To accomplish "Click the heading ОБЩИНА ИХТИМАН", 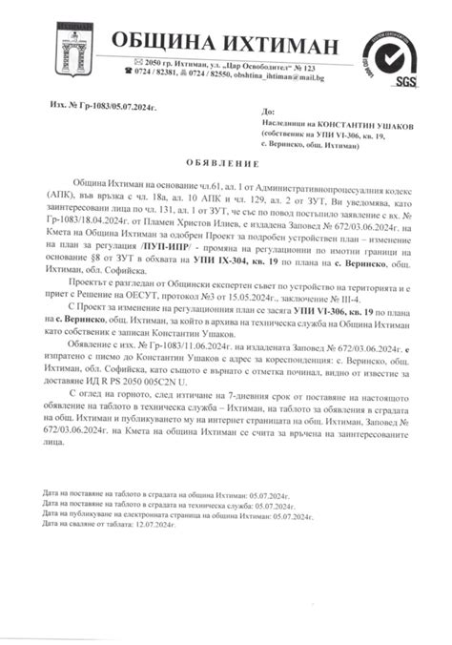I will tap(224, 45).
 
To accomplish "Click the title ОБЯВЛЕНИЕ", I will tap(226, 161).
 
